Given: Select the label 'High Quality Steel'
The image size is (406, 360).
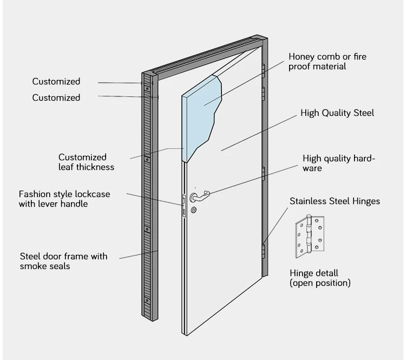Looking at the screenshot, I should [337, 113].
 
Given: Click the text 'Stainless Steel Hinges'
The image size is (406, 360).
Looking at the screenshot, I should [335, 201].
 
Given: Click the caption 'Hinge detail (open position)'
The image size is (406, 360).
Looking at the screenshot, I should [320, 278].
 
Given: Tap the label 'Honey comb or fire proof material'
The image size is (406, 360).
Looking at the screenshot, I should [327, 61].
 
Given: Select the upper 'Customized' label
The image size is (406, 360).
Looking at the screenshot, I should [56, 82].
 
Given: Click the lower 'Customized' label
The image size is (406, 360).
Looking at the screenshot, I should [56, 98].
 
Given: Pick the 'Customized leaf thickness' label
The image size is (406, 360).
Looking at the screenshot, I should [86, 162].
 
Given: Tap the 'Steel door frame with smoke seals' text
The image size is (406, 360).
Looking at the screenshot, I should [63, 261].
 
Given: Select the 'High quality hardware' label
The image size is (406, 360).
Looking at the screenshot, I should [338, 163].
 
